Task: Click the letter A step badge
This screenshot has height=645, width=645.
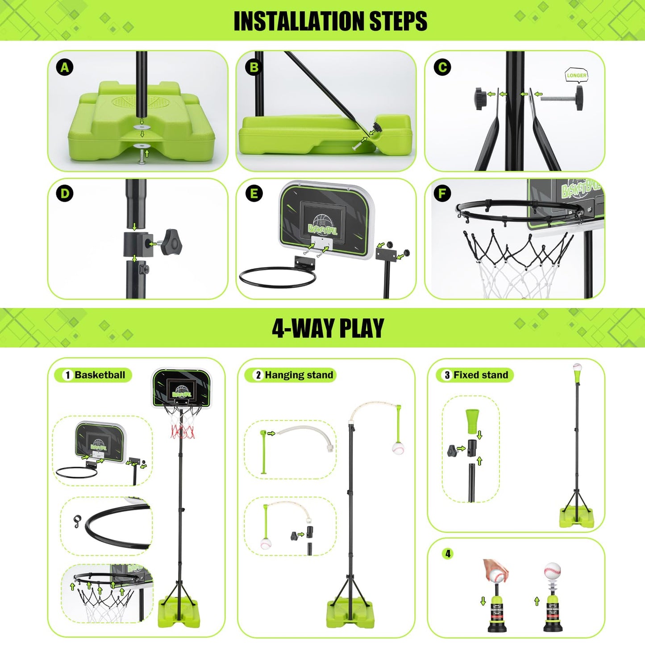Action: pos(65,68)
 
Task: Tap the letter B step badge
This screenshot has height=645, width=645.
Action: pos(254,68)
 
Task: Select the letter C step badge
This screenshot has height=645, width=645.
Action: pos(442,68)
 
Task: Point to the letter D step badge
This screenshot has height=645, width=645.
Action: pos(65,194)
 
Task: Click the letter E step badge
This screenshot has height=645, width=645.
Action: pos(254,194)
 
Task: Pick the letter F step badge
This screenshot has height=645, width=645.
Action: pos(442,194)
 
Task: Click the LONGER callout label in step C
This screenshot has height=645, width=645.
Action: pos(576,75)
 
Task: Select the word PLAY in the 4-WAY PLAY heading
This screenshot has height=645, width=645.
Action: pos(362,329)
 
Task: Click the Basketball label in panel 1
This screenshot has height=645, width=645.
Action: pos(100,375)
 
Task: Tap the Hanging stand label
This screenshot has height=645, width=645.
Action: pos(299,375)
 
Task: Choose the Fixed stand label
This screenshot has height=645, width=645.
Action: pos(480,375)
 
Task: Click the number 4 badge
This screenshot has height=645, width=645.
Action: pos(448,554)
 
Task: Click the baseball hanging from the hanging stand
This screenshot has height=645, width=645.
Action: pos(399,448)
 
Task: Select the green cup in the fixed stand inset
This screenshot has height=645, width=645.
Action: pos(472,420)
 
